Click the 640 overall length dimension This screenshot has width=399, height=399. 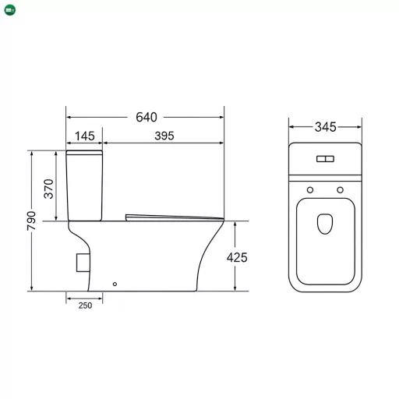click(x=147, y=117)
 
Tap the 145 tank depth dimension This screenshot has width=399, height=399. click(x=85, y=136)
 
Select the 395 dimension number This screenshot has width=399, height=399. click(x=164, y=136)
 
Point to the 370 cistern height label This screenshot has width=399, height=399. click(x=48, y=189)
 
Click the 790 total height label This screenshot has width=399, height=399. click(x=31, y=221)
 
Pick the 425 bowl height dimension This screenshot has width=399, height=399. click(x=237, y=258)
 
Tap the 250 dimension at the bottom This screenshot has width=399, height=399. click(x=85, y=305)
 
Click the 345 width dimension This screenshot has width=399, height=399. click(x=326, y=127)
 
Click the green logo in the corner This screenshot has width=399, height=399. click(x=10, y=10)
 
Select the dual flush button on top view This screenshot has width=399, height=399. click(x=325, y=159)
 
